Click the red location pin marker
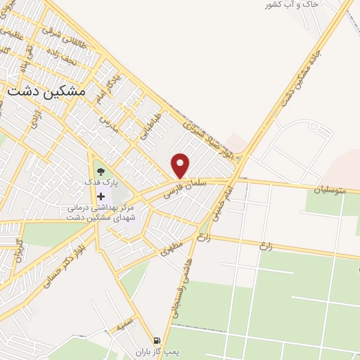(x=181, y=165)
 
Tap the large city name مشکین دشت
(x=45, y=91)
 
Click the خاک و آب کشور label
(x=292, y=5)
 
